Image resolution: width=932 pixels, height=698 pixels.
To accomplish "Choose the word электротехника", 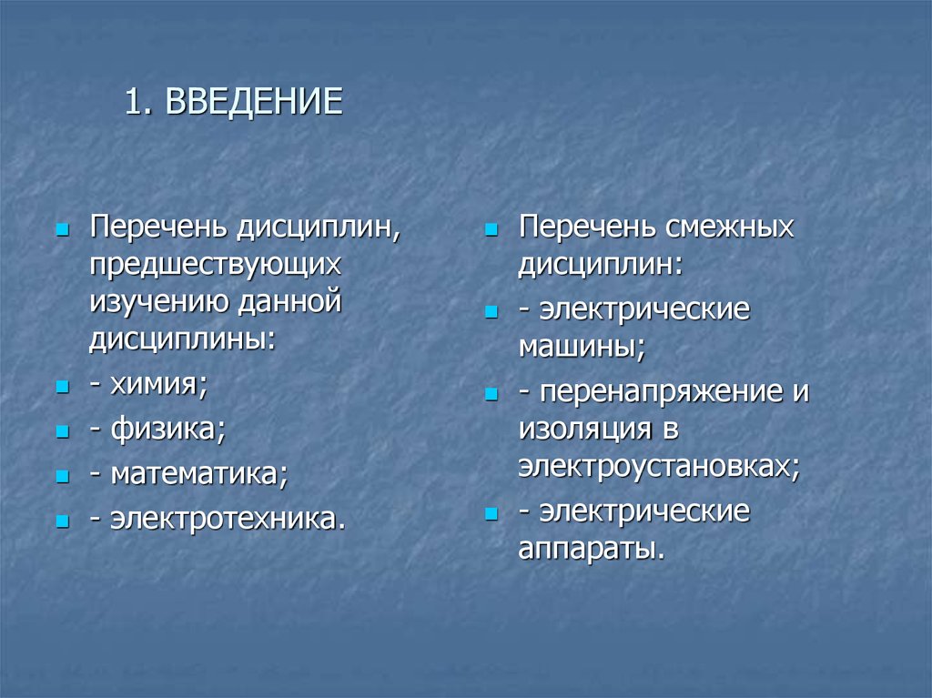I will tap(228, 519).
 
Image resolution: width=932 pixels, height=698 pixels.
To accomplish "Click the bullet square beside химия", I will tap(62, 388).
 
